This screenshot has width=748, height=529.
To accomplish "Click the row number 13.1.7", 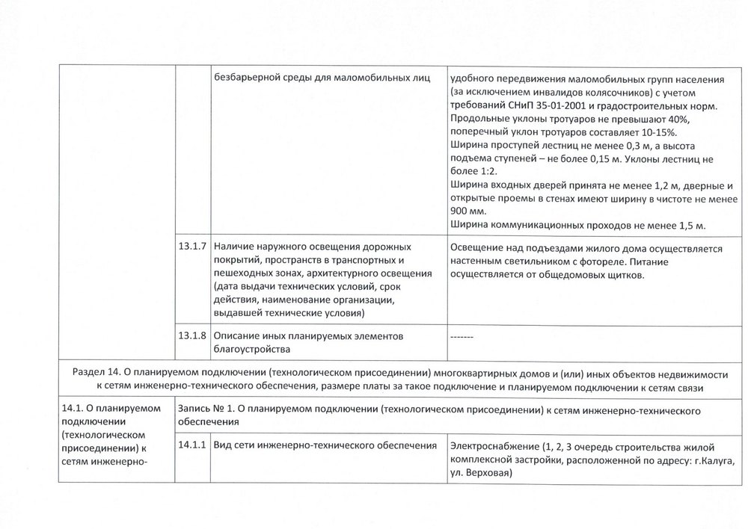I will click(x=193, y=247).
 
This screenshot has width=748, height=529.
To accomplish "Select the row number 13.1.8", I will click(x=193, y=337).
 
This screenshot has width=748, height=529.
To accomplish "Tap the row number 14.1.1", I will click(x=193, y=446).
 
